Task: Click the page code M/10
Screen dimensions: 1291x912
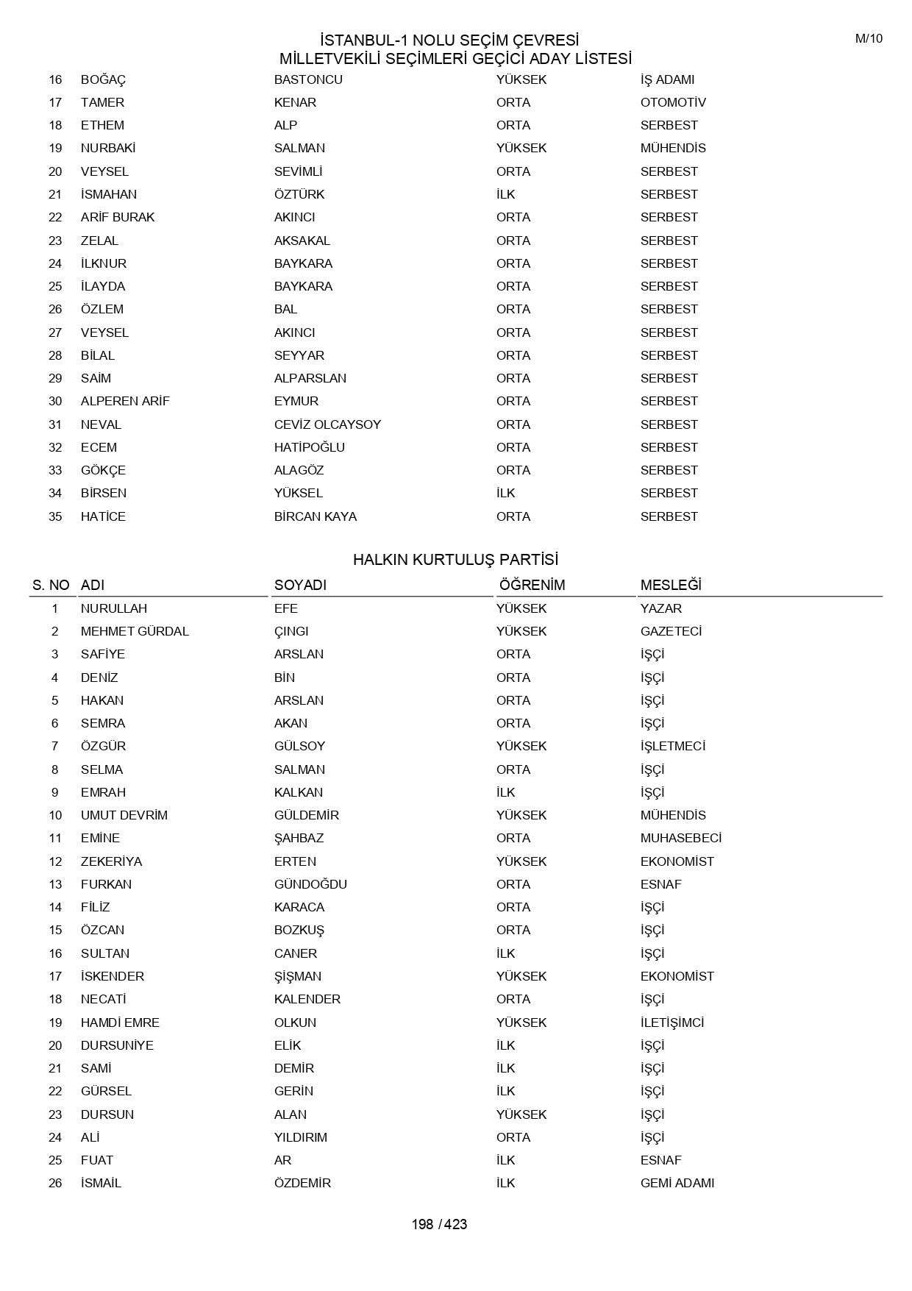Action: tap(869, 39)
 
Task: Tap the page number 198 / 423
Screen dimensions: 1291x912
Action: tap(439, 1224)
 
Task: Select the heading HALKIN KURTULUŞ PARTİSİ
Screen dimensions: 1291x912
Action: tap(455, 560)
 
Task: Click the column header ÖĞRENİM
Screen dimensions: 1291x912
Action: tap(532, 585)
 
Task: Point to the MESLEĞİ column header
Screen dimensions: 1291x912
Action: tap(671, 585)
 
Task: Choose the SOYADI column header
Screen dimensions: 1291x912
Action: tap(300, 585)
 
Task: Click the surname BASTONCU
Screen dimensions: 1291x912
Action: tap(308, 79)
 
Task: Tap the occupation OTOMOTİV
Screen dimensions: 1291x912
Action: tap(673, 102)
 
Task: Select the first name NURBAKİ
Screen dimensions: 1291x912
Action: tap(108, 148)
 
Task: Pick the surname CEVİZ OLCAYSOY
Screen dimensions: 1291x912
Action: tap(327, 424)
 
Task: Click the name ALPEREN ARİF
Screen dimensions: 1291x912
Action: tap(125, 401)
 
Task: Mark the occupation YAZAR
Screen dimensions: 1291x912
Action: tap(661, 608)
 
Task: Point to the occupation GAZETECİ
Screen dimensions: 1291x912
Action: tap(671, 631)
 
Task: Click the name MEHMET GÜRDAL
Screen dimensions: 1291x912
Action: tap(135, 631)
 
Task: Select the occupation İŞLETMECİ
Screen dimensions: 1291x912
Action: tap(673, 746)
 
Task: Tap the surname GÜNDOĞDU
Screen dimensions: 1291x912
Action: tap(310, 884)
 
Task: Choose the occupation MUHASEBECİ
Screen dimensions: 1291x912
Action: tap(681, 838)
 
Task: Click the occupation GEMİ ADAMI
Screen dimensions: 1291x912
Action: tap(677, 1183)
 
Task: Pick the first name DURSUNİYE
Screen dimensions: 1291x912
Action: tap(117, 1045)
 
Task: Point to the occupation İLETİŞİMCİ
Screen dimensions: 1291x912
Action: tap(672, 1023)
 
